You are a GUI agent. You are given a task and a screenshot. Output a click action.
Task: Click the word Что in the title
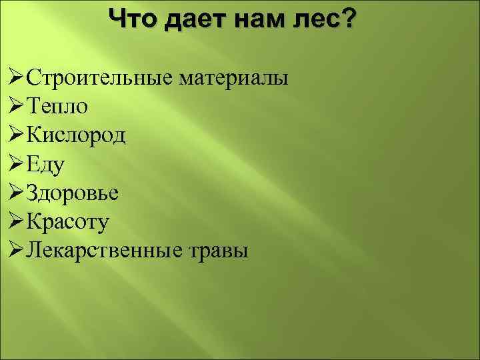[133, 19]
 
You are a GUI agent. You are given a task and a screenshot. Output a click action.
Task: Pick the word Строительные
[99, 78]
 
